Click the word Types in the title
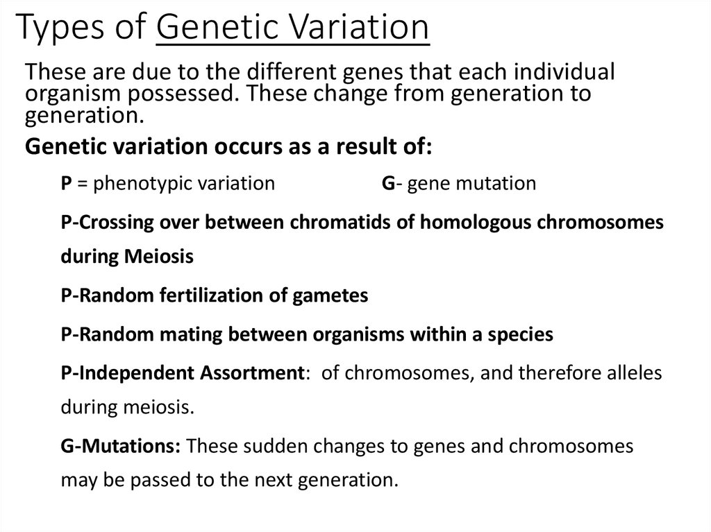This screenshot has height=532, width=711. pos(60,29)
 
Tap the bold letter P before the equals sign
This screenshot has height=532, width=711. pos(67,183)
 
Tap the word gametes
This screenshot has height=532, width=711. pos(337,295)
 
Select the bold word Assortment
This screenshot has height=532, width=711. pos(250,373)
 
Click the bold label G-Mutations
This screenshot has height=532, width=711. pos(121,446)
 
